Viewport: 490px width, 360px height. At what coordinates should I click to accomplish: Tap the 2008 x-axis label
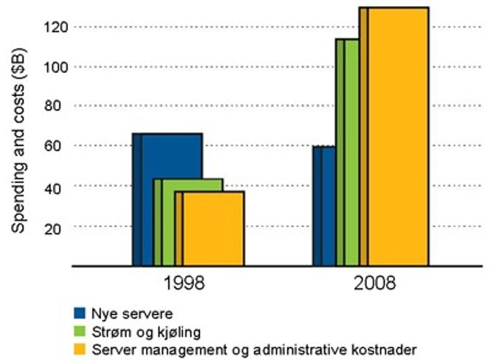[374, 283]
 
